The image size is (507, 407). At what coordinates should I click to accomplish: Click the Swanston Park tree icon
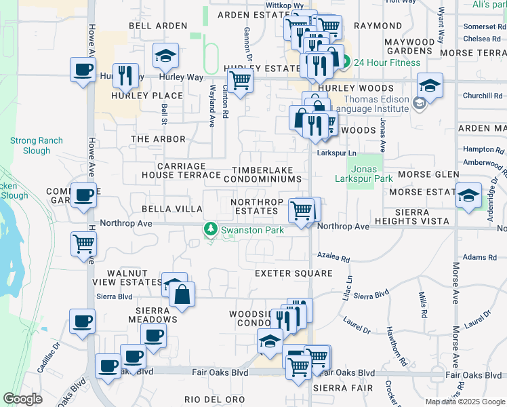pyautogui.click(x=211, y=230)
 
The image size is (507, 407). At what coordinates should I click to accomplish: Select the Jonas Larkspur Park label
pyautogui.click(x=364, y=173)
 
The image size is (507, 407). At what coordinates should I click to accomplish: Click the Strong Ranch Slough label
pyautogui.click(x=36, y=145)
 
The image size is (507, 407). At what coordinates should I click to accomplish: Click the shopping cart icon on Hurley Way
pyautogui.click(x=241, y=80)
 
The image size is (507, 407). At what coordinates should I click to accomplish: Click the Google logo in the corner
pyautogui.click(x=22, y=399)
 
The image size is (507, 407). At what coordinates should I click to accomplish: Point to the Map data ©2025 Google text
pyautogui.click(x=464, y=402)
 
